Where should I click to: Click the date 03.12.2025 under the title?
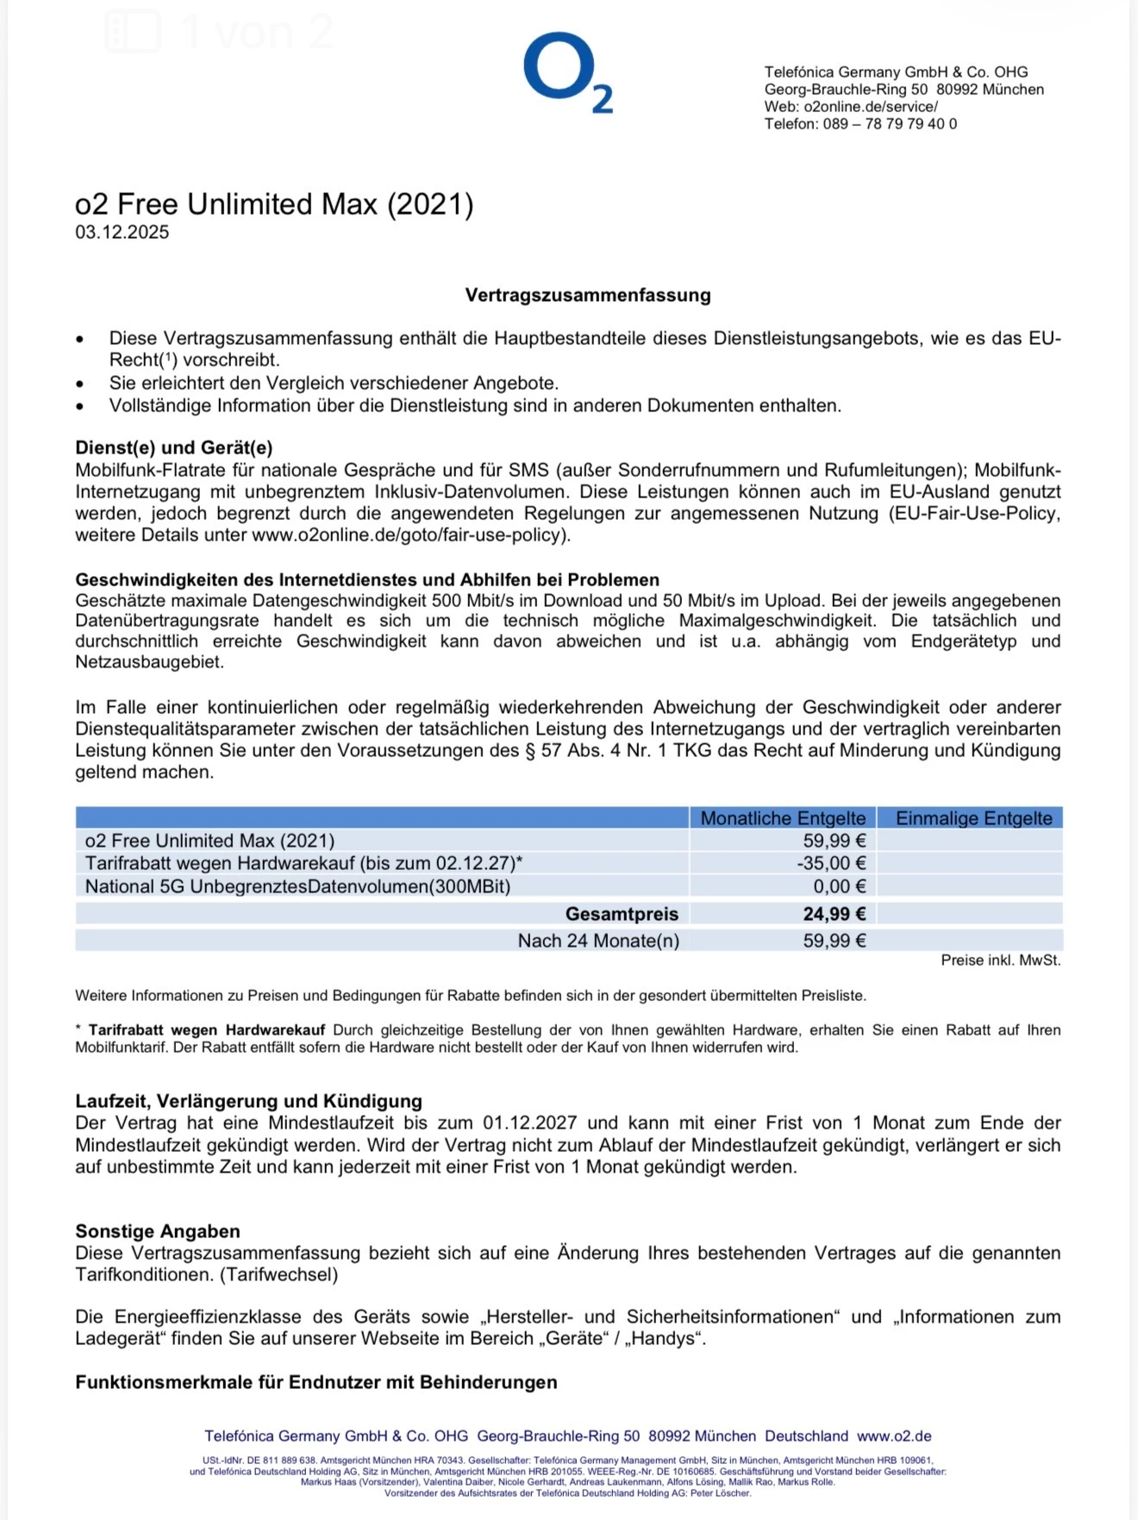(122, 232)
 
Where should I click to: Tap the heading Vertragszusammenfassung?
(588, 295)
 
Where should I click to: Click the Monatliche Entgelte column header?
(782, 818)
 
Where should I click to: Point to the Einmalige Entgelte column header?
(973, 818)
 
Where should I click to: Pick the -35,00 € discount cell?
(831, 863)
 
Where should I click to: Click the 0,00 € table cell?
(839, 886)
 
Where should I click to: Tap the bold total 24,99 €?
(834, 914)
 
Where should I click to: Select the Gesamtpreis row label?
(622, 914)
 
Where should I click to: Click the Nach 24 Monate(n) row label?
(598, 941)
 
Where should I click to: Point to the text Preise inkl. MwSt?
(1000, 960)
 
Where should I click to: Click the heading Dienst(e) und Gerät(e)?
(174, 447)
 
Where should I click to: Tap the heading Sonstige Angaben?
(158, 1231)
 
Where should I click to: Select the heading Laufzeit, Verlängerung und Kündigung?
(248, 1101)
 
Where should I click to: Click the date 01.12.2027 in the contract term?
(529, 1123)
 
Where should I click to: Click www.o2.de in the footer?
(894, 1436)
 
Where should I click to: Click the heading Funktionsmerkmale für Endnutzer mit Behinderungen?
(316, 1382)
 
